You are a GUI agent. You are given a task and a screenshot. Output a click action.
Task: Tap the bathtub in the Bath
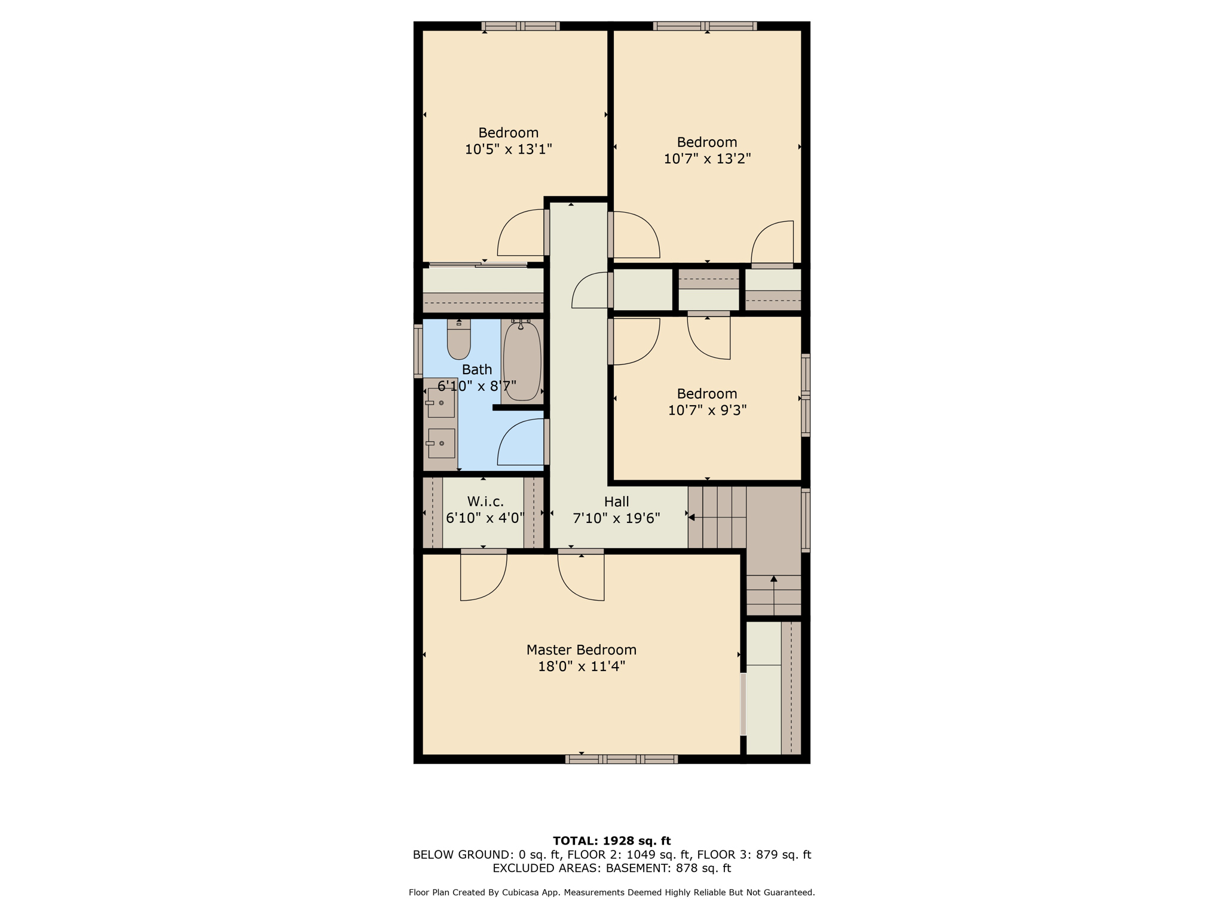(x=522, y=361)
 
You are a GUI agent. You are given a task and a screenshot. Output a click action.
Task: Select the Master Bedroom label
(x=581, y=650)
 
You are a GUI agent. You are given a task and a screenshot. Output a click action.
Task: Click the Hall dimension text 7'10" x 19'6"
(x=616, y=518)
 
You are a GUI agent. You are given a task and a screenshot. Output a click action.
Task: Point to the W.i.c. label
(x=485, y=501)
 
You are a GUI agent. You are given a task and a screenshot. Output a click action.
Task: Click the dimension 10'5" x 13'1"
(x=508, y=149)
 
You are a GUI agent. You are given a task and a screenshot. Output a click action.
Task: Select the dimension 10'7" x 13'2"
(x=707, y=158)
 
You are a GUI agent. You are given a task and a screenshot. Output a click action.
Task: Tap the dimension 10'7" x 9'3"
(x=707, y=410)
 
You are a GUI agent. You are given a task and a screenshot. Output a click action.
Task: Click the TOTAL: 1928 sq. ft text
(x=611, y=841)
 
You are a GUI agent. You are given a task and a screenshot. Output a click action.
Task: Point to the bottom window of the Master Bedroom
(x=621, y=759)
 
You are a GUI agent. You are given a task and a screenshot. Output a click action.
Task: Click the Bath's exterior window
(x=418, y=351)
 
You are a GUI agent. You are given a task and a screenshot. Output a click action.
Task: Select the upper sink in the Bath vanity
(x=441, y=403)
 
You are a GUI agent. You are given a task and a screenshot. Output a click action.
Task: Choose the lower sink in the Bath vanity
(x=441, y=443)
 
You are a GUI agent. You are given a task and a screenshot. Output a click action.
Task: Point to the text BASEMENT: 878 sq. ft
(x=668, y=868)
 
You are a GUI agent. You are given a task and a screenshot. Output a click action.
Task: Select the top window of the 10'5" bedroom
(x=520, y=26)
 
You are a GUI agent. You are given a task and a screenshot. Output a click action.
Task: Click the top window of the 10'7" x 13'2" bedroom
(x=705, y=26)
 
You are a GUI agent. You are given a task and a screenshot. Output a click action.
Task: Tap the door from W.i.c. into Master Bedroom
(x=484, y=574)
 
